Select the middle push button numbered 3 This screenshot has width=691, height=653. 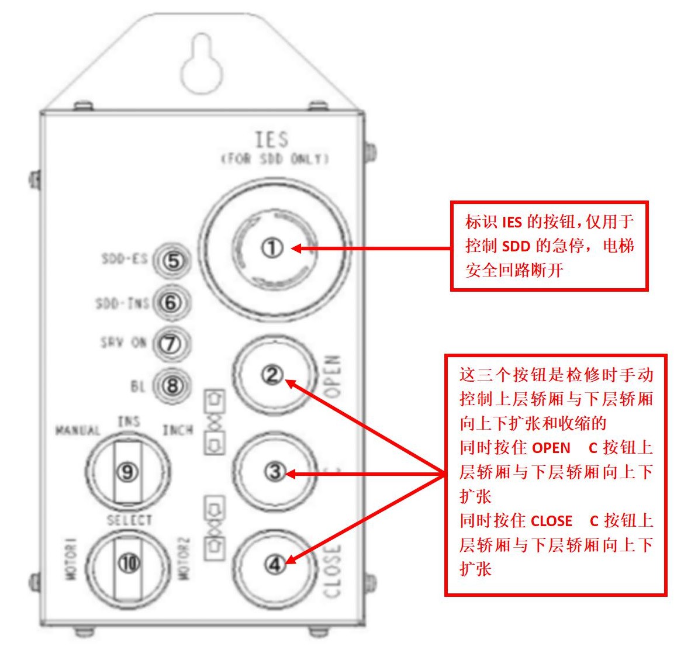[274, 472]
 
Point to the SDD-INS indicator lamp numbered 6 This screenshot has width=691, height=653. [171, 303]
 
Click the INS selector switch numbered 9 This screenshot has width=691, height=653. [128, 472]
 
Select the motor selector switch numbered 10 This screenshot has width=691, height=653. [129, 563]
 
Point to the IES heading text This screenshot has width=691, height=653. [272, 140]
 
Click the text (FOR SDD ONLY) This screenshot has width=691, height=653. [274, 159]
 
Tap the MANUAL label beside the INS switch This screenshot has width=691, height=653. [78, 431]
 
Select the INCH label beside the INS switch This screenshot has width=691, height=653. [178, 431]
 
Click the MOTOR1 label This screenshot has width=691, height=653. [71, 562]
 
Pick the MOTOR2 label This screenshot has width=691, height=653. [185, 562]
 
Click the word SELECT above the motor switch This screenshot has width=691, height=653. [129, 520]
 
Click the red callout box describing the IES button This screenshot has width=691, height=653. [549, 246]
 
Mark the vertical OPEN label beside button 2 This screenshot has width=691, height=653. [331, 376]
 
